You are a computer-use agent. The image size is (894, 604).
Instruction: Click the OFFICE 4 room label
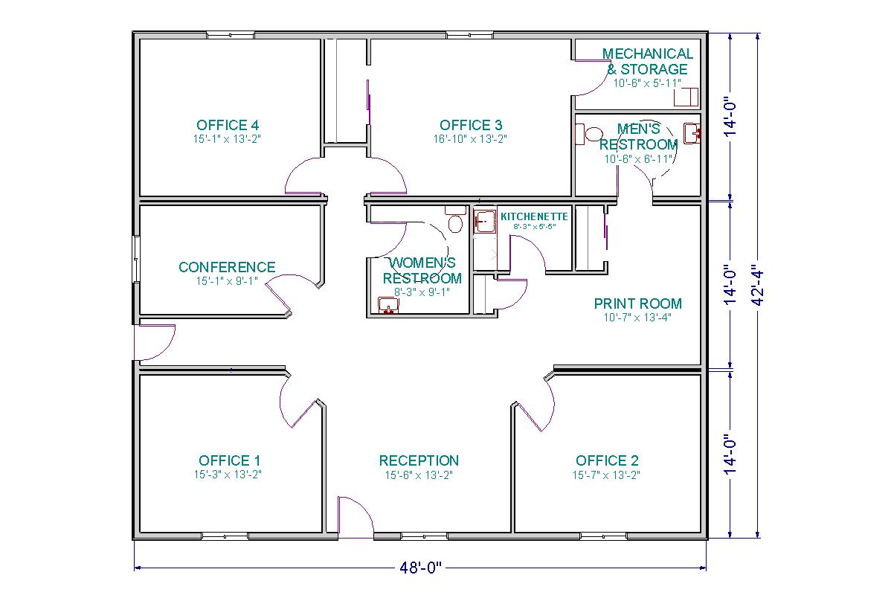tap(228, 125)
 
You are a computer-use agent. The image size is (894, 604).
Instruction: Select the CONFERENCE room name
tap(227, 267)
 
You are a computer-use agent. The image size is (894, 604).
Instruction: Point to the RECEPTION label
tap(419, 460)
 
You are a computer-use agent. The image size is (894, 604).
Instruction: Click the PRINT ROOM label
tap(637, 303)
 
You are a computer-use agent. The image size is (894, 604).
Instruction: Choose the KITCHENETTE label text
tap(534, 216)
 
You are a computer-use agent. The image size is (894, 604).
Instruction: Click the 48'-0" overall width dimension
tap(420, 569)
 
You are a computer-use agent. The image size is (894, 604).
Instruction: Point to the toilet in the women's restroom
tap(454, 222)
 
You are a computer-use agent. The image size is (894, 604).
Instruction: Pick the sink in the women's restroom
tap(387, 306)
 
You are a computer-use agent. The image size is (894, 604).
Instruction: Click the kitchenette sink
tap(485, 222)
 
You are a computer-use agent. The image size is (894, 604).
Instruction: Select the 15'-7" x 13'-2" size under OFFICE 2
tap(606, 475)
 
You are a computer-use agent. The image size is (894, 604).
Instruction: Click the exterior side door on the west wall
tap(152, 344)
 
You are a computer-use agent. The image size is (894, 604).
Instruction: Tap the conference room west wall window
tap(136, 259)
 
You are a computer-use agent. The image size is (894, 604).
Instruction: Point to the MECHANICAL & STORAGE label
tap(647, 61)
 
